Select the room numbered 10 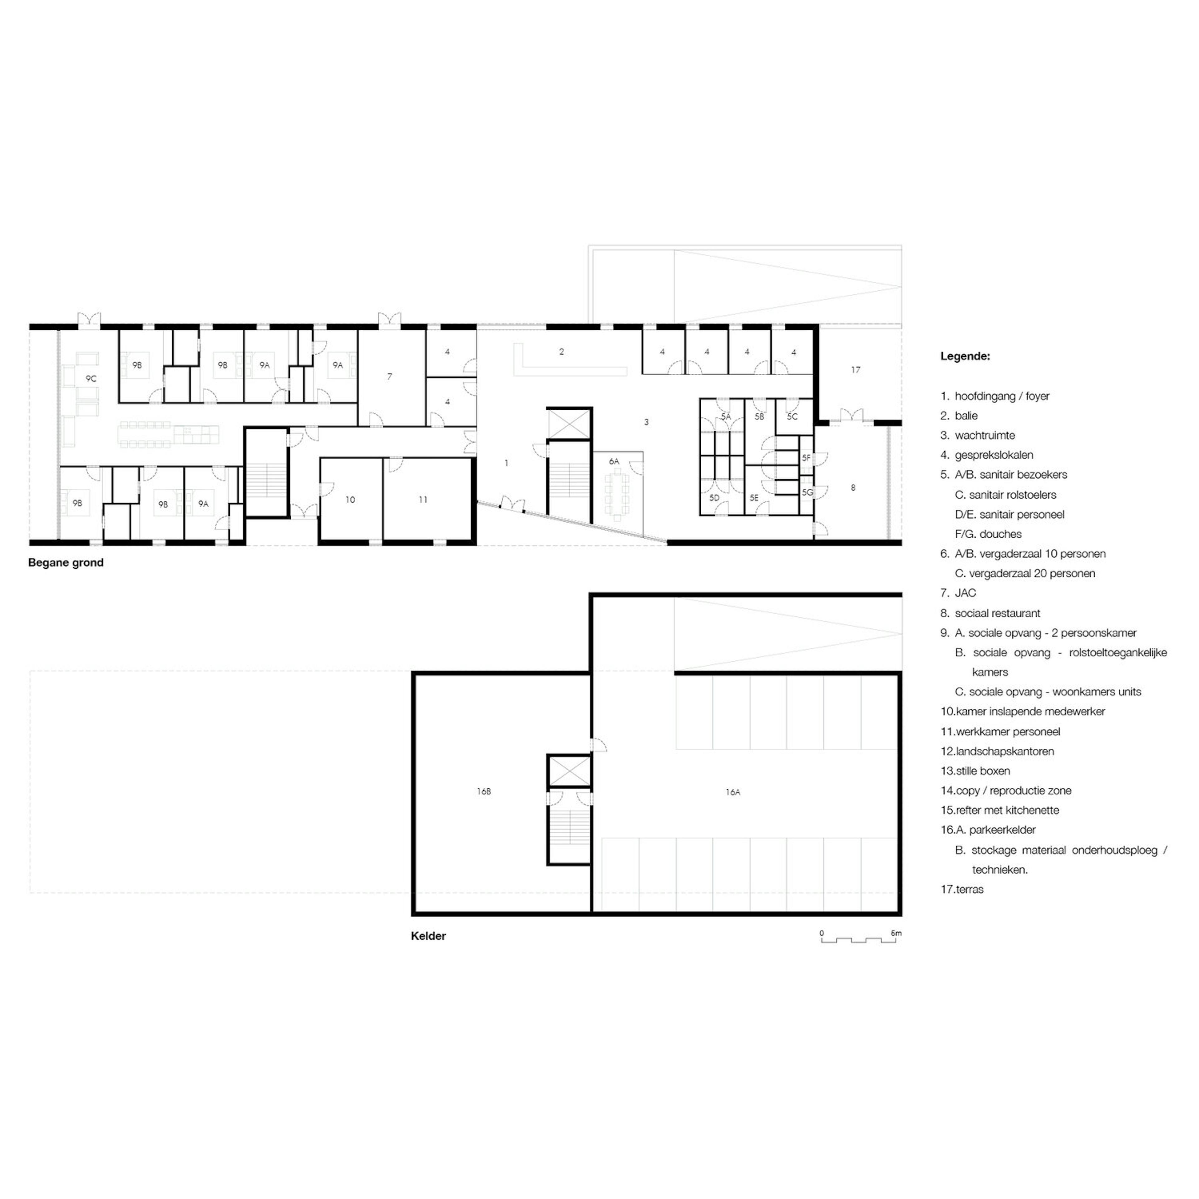[350, 500]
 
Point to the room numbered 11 [423, 500]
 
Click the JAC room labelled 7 [390, 377]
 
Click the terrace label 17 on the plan [856, 370]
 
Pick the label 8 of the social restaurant [853, 488]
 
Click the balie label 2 [562, 352]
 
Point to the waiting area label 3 [647, 422]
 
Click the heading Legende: [965, 356]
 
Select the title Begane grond [66, 563]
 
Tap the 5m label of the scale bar [896, 933]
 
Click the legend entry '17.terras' [962, 889]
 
